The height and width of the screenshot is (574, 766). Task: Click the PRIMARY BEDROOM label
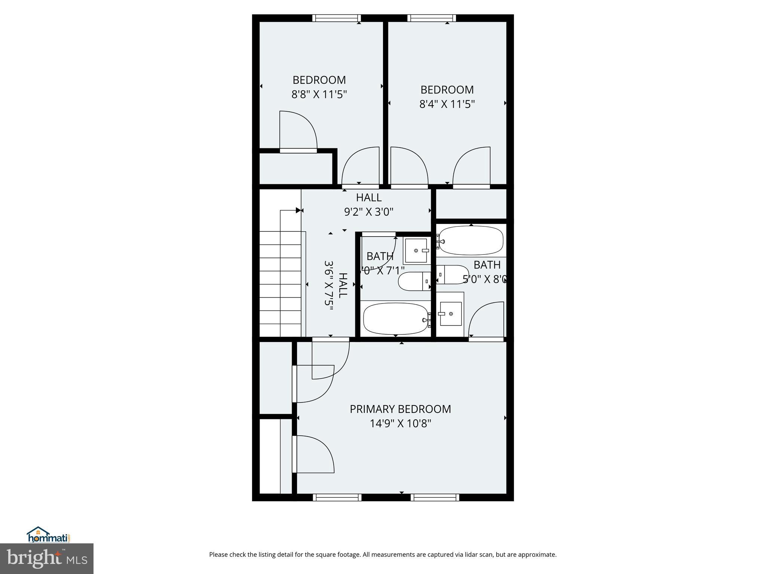pyautogui.click(x=400, y=409)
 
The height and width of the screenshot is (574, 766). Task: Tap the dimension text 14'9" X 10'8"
pyautogui.click(x=400, y=424)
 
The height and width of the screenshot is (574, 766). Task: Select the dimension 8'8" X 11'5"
pyautogui.click(x=319, y=94)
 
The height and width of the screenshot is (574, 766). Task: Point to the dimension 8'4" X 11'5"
pyautogui.click(x=447, y=104)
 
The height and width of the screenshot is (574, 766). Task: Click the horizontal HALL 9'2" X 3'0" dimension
pyautogui.click(x=368, y=212)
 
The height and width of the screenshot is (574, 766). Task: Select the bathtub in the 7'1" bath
pyautogui.click(x=396, y=319)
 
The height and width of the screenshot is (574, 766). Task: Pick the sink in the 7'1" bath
pyautogui.click(x=416, y=251)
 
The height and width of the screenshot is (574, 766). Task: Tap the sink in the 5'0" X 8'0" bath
pyautogui.click(x=451, y=314)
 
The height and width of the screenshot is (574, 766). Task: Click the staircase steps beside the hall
pyautogui.click(x=281, y=284)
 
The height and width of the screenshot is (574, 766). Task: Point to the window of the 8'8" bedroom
pyautogui.click(x=336, y=18)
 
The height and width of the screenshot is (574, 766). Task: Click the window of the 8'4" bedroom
pyautogui.click(x=432, y=18)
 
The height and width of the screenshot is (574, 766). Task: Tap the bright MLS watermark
pyautogui.click(x=47, y=558)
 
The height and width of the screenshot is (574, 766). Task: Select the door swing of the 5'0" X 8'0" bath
pyautogui.click(x=485, y=321)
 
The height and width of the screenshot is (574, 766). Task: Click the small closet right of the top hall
pyautogui.click(x=471, y=204)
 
